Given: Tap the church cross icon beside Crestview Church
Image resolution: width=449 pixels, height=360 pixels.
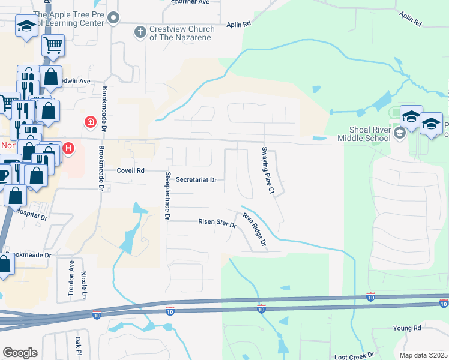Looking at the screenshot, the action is (140, 32).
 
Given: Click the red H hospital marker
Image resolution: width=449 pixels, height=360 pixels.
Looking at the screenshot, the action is (68, 148).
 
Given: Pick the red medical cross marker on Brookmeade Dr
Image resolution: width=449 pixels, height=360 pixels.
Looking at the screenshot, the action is (90, 122).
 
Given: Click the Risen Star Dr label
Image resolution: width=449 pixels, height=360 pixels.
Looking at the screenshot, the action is (217, 222).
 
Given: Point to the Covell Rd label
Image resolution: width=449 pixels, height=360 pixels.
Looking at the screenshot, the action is (131, 170).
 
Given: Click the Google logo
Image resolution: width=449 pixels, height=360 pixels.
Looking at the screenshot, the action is (20, 352).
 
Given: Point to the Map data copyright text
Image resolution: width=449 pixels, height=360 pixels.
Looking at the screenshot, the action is (424, 355).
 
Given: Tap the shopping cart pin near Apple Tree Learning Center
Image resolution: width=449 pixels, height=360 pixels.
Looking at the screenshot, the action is (53, 44).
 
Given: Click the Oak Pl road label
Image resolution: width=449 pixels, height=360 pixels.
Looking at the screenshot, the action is (78, 346).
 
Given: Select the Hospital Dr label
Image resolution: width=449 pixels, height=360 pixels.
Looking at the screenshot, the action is (31, 213).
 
